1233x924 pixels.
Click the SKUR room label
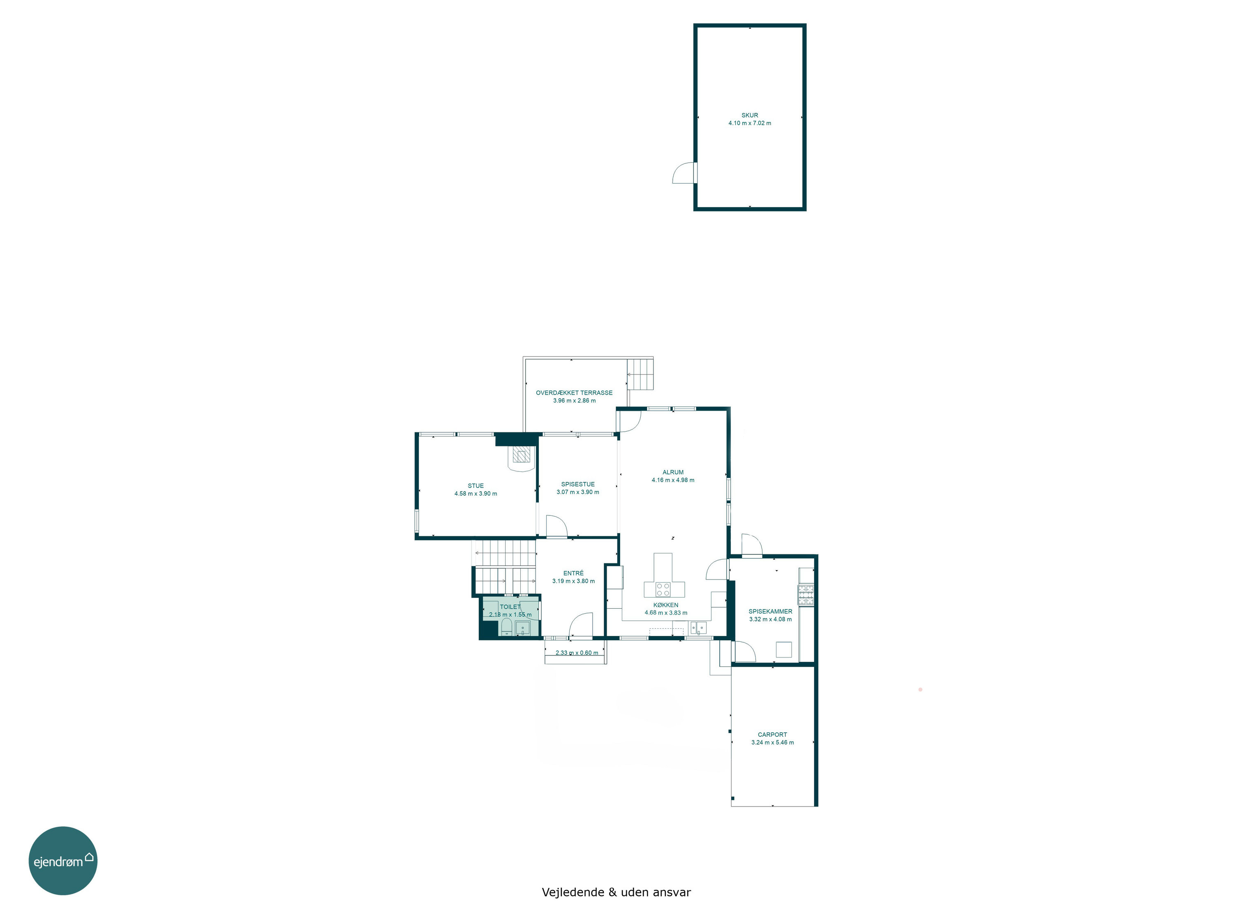(749, 115)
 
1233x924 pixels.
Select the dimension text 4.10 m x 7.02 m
(749, 123)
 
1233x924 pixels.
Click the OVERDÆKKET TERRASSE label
(574, 393)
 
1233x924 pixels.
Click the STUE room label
(476, 486)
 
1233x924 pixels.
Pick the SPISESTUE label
(577, 485)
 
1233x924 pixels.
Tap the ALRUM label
(673, 472)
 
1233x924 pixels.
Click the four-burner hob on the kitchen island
(663, 589)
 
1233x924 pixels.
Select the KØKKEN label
(665, 605)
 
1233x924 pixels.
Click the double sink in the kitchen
(698, 628)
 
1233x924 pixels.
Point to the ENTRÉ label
(573, 573)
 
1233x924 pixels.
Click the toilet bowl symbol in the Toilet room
(506, 627)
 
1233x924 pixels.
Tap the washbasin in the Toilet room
(523, 628)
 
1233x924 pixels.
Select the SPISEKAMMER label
(770, 611)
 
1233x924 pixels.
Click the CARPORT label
(772, 735)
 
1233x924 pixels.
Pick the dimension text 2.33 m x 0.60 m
(576, 653)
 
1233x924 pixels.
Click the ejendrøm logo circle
(63, 860)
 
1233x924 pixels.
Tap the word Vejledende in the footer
(573, 892)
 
